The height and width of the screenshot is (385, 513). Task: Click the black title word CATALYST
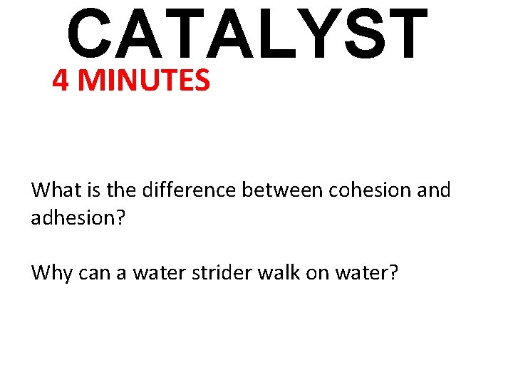pos(247,34)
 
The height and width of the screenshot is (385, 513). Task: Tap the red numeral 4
pos(61,81)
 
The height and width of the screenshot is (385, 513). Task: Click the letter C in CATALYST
pos(90,34)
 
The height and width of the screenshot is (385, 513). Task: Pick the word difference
pos(190,190)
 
